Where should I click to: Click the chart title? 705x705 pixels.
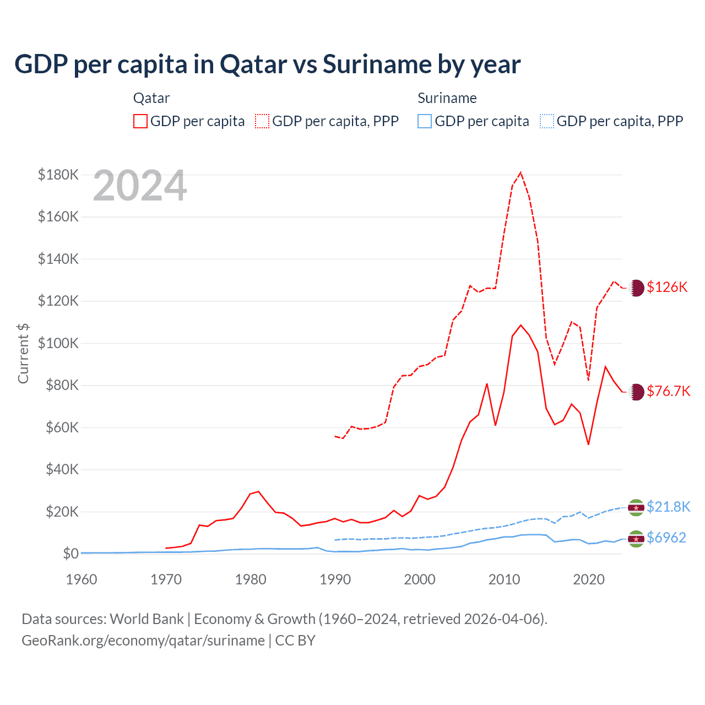[x=267, y=64]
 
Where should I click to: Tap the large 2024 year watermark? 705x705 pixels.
[x=140, y=186]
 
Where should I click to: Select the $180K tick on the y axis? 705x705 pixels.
[x=58, y=175]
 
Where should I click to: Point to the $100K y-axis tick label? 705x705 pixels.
[x=58, y=343]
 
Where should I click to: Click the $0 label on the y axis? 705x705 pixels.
[x=70, y=554]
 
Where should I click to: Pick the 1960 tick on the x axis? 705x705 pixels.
[x=82, y=579]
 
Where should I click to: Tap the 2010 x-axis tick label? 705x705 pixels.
[x=504, y=579]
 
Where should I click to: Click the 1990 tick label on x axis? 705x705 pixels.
[x=335, y=579]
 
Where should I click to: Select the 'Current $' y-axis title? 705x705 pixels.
[x=23, y=353]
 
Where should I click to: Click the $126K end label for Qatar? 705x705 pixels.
[x=667, y=287]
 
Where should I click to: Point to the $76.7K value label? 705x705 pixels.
[x=668, y=391]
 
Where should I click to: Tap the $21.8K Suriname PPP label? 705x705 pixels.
[x=668, y=507]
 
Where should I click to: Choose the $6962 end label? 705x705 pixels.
[x=666, y=538]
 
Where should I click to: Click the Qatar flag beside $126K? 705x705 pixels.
[x=636, y=288]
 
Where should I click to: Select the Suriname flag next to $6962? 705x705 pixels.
[x=636, y=538]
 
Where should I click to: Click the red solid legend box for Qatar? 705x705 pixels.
[x=140, y=121]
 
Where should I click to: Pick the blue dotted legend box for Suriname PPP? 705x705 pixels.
[x=547, y=121]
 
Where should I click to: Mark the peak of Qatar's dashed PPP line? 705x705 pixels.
[x=520, y=172]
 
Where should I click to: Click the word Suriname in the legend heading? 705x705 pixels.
[x=447, y=98]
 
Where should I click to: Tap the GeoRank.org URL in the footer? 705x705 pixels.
[x=143, y=641]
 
